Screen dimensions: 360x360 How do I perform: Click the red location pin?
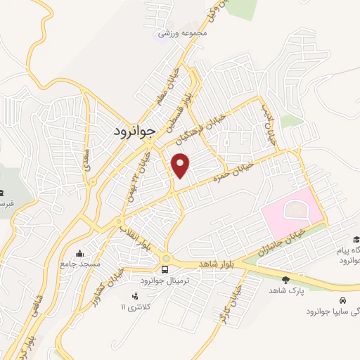click(181, 165)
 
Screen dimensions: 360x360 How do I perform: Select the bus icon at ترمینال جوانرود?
click(165, 269)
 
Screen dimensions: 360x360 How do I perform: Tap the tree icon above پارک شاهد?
click(285, 279)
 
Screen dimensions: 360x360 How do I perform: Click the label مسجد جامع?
click(81, 262)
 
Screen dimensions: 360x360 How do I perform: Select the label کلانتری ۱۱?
click(139, 307)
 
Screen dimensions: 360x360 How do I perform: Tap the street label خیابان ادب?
click(272, 121)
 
